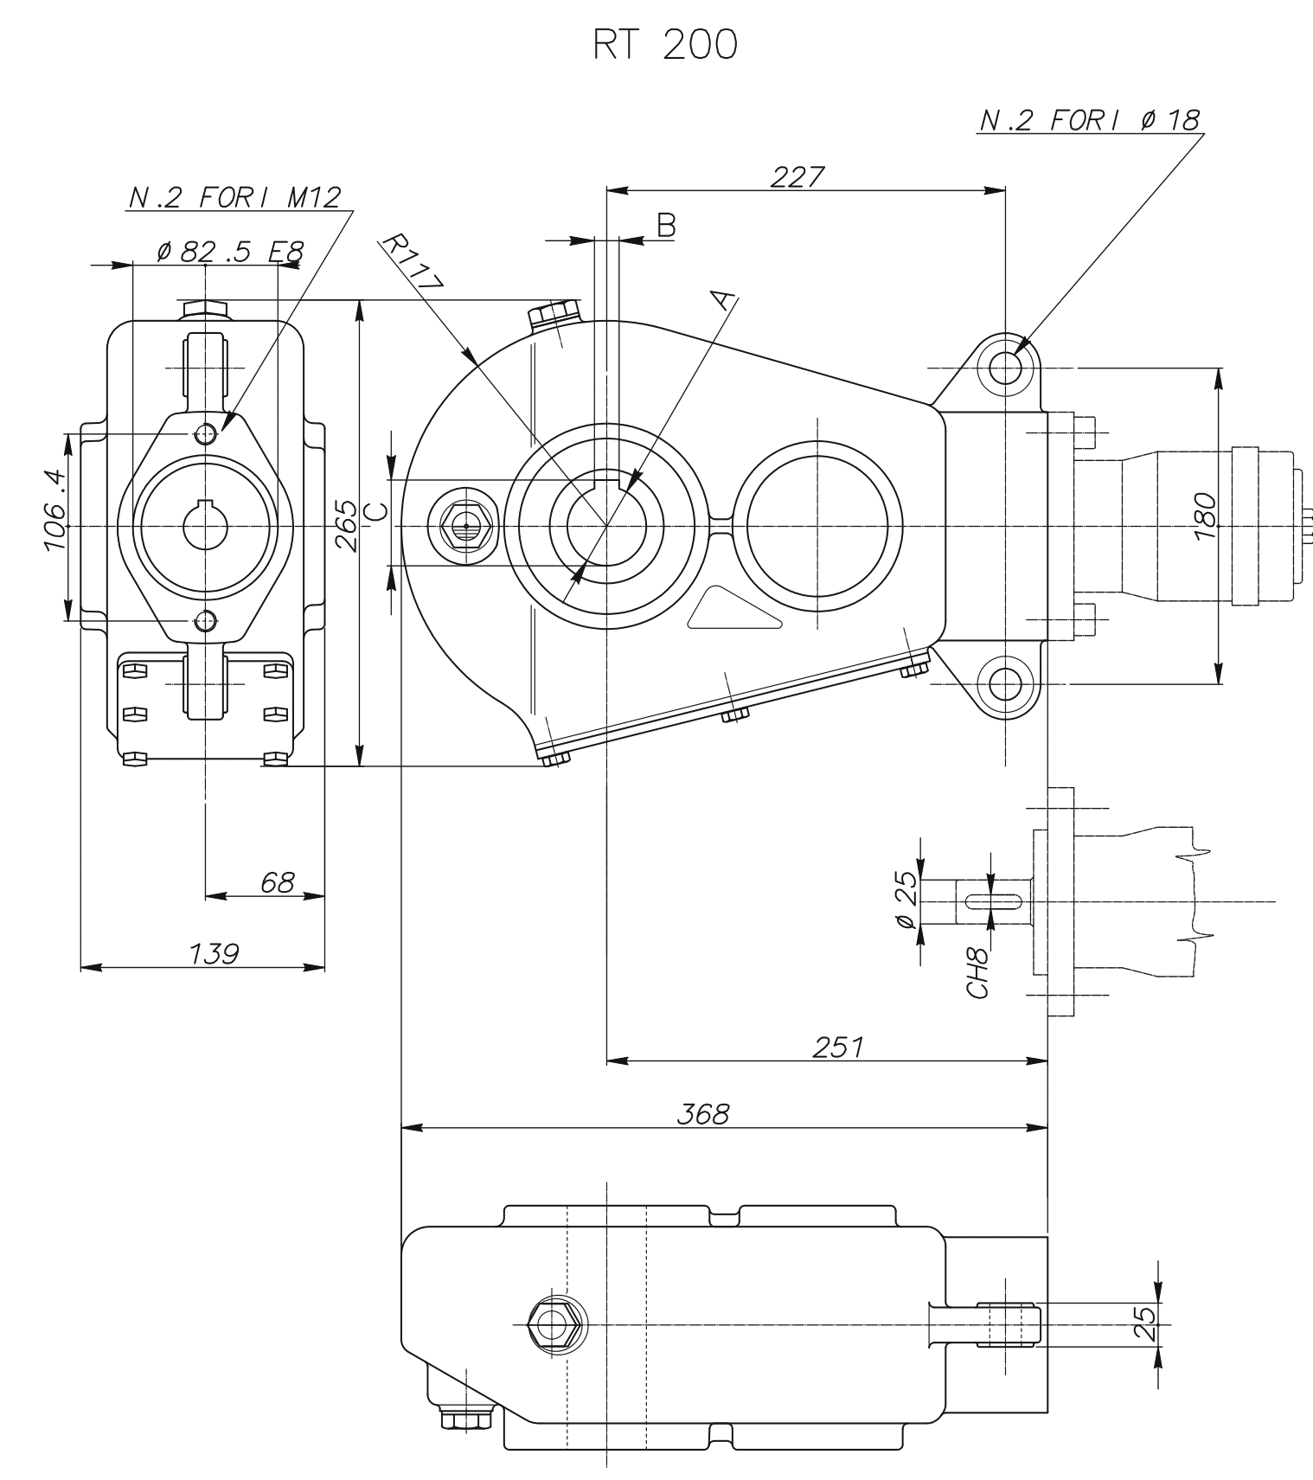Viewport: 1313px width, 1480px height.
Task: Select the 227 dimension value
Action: coord(797,176)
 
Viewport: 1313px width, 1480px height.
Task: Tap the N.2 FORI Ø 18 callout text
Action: coord(1090,121)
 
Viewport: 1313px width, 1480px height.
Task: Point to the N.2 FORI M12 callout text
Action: coord(234,198)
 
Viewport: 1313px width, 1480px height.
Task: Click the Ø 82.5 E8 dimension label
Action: coord(230,252)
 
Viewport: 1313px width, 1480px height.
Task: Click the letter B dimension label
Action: coord(665,226)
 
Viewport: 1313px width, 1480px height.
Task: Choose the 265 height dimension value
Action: coord(345,525)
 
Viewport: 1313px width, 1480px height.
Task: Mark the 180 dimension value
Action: coord(1205,516)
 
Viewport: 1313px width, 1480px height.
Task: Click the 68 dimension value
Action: coord(277,883)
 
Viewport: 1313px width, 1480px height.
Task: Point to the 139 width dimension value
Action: coord(214,954)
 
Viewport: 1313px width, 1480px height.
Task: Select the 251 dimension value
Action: coord(837,1048)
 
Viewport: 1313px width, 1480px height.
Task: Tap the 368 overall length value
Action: coord(702,1114)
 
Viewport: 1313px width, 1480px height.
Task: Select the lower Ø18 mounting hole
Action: coord(1005,683)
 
